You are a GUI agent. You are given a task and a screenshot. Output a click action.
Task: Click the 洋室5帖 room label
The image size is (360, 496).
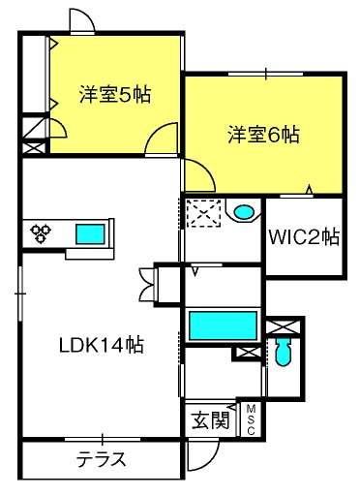tap(115, 94)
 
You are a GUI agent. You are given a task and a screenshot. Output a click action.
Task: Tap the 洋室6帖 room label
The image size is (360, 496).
tap(264, 135)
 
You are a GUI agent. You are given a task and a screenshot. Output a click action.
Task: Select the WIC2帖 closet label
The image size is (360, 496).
tap(304, 237)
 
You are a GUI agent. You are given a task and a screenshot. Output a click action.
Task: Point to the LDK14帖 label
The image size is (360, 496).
tap(101, 345)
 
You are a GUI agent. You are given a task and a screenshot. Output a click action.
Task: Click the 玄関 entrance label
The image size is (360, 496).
tap(210, 420)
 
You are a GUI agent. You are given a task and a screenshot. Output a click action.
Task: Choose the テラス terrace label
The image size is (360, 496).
tap(101, 459)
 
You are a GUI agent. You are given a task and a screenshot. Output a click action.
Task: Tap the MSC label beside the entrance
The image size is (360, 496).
tap(251, 419)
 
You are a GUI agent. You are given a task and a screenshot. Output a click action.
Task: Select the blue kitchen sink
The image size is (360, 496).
tap(90, 234)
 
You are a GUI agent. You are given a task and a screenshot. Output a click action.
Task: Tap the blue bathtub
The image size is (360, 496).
tap(223, 325)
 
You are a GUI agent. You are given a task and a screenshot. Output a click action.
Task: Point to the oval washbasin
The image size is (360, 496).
tap(244, 212)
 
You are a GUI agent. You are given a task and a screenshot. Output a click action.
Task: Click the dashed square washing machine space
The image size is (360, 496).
tap(204, 213)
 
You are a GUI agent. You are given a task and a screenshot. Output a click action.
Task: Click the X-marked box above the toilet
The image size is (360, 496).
tap(283, 326)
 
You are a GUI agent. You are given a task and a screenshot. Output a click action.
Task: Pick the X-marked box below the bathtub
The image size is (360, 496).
tap(248, 353)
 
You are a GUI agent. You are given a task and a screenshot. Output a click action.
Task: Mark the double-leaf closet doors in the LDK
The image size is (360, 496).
tap(146, 284)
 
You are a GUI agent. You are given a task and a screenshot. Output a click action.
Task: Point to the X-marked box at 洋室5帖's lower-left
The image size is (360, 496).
tap(34, 148)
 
